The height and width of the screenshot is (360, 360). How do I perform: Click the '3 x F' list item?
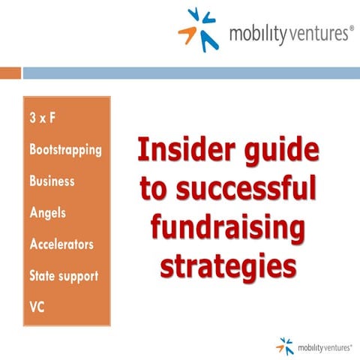(43, 118)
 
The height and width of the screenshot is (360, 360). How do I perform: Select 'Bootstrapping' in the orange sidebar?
(64, 149)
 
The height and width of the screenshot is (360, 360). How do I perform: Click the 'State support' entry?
(63, 275)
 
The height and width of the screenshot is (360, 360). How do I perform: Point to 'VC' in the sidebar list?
(37, 307)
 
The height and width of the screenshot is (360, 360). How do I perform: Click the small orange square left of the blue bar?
(10, 73)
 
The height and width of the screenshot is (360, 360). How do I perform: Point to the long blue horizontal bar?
(190, 73)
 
